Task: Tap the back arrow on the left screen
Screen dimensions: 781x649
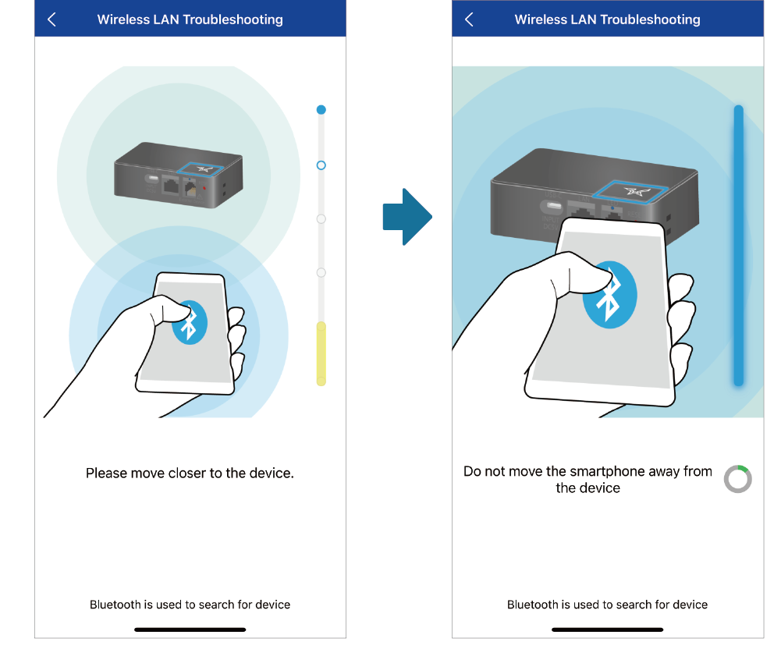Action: point(51,20)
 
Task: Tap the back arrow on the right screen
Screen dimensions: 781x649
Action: point(469,20)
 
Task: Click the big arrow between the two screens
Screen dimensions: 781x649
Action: point(407,217)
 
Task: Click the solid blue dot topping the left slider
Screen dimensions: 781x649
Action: point(321,109)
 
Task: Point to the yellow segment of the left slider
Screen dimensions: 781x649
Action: point(321,353)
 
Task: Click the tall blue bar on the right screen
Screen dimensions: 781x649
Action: point(739,245)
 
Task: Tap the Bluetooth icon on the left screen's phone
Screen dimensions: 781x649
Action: point(190,323)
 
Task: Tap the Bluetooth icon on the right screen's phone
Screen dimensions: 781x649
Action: point(609,295)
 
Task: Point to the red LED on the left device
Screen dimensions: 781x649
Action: point(204,188)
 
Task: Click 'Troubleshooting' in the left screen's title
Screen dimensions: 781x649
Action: point(233,20)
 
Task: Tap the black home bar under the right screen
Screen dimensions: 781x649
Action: point(607,629)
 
